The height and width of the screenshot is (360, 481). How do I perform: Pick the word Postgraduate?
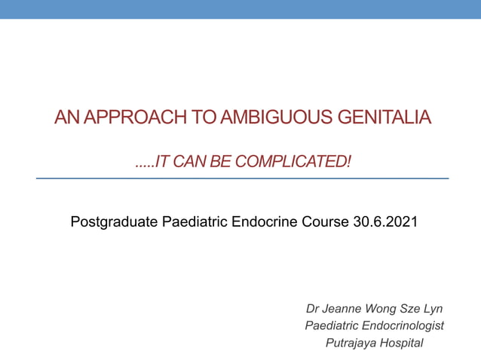(115, 222)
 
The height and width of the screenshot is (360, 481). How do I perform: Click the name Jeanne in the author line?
(342, 309)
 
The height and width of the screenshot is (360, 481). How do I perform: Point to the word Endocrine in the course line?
(264, 222)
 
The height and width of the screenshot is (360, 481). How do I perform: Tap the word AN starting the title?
(65, 117)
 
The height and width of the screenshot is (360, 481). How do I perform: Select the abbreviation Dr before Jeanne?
(314, 309)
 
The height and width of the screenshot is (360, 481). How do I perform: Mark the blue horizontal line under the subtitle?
(241, 178)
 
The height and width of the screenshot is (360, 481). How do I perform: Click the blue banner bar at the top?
(240, 9)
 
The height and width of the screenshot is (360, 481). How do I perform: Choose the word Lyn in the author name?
(432, 309)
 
